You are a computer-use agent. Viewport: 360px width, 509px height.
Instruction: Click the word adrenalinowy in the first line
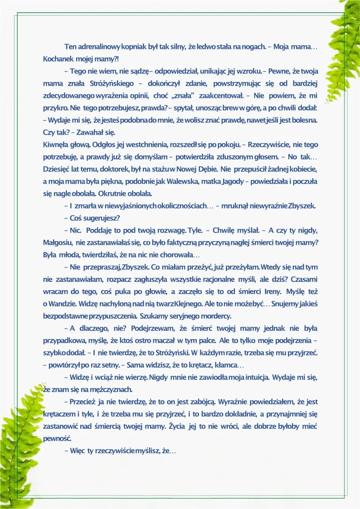98,47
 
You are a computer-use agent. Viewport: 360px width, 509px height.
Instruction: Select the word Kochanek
57,59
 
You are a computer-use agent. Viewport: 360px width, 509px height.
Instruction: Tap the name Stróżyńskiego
117,84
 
